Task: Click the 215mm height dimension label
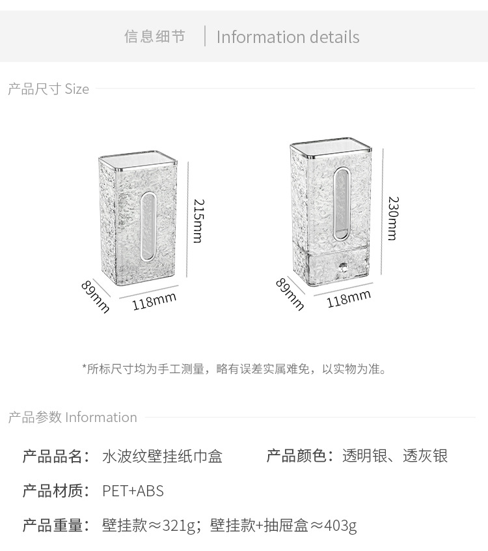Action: pyautogui.click(x=197, y=221)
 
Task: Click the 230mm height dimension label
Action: pyautogui.click(x=392, y=218)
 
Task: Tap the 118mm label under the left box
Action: pyautogui.click(x=154, y=301)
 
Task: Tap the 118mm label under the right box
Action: pyautogui.click(x=348, y=298)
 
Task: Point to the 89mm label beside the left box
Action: pyautogui.click(x=96, y=296)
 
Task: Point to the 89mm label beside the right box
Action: pyautogui.click(x=290, y=294)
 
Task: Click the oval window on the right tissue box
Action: pyautogui.click(x=341, y=202)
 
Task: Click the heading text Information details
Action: pyautogui.click(x=288, y=37)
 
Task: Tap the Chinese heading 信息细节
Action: pyautogui.click(x=155, y=36)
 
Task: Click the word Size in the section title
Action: pyautogui.click(x=77, y=89)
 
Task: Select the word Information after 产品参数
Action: pyautogui.click(x=101, y=417)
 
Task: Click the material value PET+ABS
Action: pyautogui.click(x=133, y=491)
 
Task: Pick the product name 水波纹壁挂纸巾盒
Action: pyautogui.click(x=162, y=457)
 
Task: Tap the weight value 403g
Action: pyautogui.click(x=340, y=526)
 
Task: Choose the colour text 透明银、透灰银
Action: pyautogui.click(x=395, y=456)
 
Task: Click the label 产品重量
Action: pyautogui.click(x=53, y=526)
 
